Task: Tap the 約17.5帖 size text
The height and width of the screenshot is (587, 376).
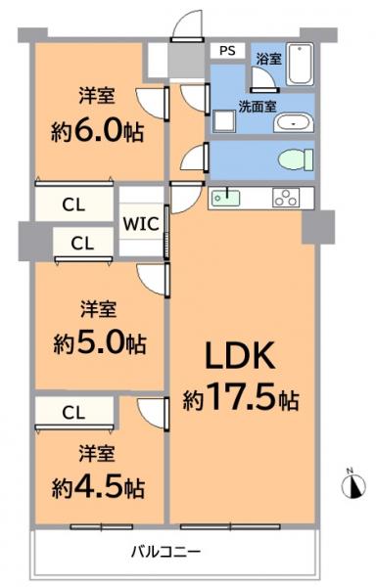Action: coord(241,399)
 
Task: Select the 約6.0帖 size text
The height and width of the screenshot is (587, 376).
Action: coord(98,132)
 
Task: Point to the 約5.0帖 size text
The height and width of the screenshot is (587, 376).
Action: coord(98,343)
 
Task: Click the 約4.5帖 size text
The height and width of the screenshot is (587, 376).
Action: coord(98,486)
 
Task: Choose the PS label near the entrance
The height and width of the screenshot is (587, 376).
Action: coord(226,50)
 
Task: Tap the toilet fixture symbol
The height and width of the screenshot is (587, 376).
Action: coord(294,158)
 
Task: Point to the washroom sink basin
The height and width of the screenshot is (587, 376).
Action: coord(292,123)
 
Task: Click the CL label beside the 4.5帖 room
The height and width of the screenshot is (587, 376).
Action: coord(70,413)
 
